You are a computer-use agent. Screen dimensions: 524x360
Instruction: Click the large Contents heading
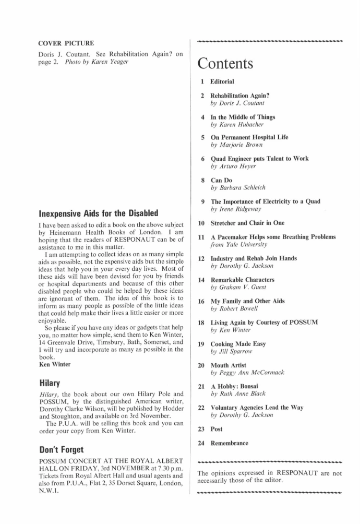tap(225, 64)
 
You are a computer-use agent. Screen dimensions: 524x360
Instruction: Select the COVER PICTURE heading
tap(66, 43)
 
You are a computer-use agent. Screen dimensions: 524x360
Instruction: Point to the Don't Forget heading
tap(61, 449)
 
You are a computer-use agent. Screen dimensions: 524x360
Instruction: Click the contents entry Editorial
tap(222, 81)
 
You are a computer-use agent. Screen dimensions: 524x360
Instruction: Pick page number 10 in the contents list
tap(201, 223)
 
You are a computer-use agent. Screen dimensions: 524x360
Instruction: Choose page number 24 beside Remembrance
tap(201, 443)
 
